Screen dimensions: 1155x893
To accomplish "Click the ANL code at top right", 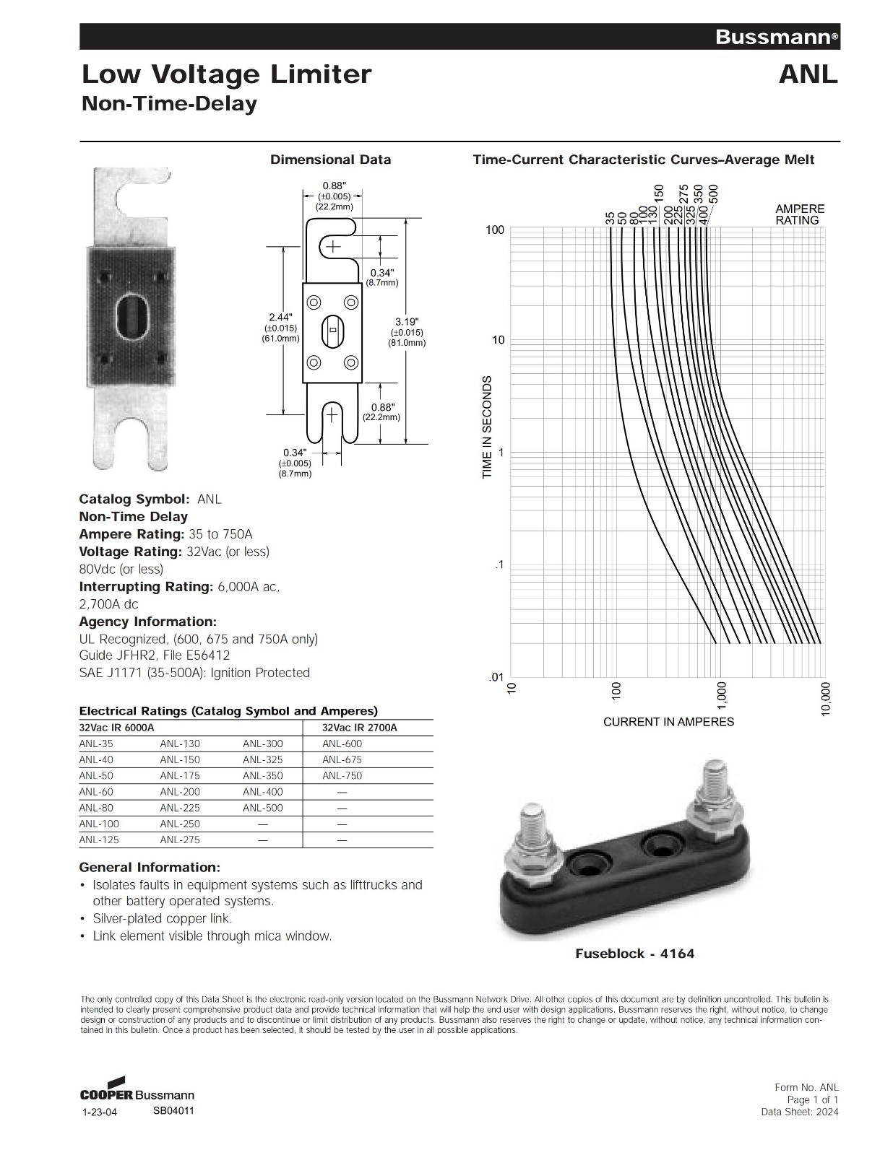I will pos(808,74).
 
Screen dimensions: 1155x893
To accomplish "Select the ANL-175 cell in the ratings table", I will pos(180,775).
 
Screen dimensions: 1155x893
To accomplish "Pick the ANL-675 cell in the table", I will pos(342,759).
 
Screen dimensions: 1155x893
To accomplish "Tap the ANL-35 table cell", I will pos(96,744).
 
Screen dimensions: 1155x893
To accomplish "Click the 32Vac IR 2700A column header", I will pos(359,728).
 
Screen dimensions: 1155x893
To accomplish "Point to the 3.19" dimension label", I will pos(407,321).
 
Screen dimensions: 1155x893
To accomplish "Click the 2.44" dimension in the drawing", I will pos(280,318).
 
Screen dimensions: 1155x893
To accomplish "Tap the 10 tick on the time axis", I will pos(498,340).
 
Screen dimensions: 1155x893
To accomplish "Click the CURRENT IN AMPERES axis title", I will pos(668,722).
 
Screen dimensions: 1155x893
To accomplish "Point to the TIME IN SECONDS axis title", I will pos(487,426).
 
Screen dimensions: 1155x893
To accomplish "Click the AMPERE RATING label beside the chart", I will pos(800,214).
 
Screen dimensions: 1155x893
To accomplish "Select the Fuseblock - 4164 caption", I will pos(634,954).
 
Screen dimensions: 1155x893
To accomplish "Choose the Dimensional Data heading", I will pos(330,160).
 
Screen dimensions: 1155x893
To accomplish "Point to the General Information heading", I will pos(150,867).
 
